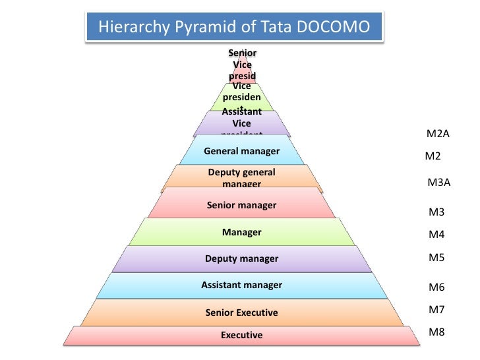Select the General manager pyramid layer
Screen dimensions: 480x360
(x=241, y=152)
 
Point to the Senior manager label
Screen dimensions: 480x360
(x=241, y=205)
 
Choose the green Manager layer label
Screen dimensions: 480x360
(x=241, y=232)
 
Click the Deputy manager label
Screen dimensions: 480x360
(x=241, y=258)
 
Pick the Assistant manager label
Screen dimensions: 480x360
(x=241, y=285)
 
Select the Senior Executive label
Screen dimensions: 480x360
(x=241, y=313)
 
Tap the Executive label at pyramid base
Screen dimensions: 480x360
(x=241, y=335)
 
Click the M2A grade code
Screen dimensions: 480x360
(x=438, y=135)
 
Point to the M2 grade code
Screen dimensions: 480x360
(x=433, y=157)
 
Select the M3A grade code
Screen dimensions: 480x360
(x=438, y=183)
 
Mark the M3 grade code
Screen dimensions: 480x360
(x=436, y=212)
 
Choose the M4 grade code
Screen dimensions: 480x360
(x=436, y=235)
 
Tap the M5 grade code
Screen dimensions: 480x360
(x=436, y=258)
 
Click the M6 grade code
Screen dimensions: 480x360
(x=436, y=287)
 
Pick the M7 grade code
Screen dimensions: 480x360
(x=436, y=309)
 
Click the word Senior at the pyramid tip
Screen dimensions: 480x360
(x=242, y=53)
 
